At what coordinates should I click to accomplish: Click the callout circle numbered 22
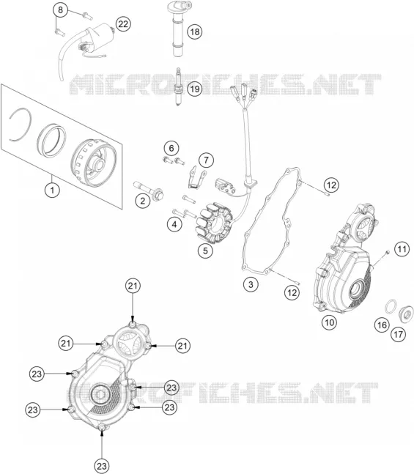tap(123, 23)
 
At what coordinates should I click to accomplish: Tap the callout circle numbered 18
tap(194, 32)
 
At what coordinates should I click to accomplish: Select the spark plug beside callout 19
tap(179, 86)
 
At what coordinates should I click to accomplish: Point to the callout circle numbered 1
tap(52, 190)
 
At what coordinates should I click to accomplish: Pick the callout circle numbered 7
tap(206, 160)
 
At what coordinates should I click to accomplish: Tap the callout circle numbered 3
tap(251, 284)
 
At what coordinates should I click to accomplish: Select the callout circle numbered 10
tap(329, 322)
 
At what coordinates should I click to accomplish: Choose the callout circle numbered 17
tap(398, 334)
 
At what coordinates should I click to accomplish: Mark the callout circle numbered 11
tap(402, 249)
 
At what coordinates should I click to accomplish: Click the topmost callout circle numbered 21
tap(133, 286)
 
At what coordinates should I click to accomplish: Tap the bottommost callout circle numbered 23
tap(102, 465)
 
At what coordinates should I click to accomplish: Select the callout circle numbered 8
tap(61, 10)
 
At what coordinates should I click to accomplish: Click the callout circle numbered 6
tap(171, 148)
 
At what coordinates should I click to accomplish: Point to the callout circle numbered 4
tap(174, 224)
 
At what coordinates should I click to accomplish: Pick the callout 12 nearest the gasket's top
tap(331, 185)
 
